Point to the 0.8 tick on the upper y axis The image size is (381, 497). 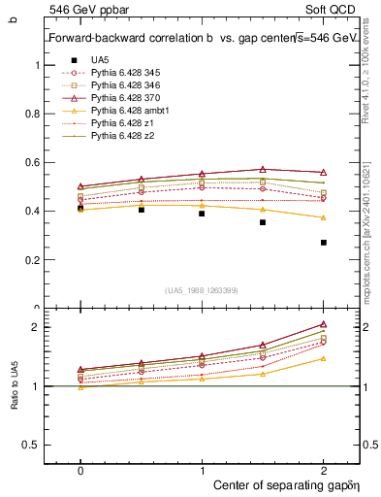[37, 114]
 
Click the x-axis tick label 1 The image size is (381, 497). [202, 468]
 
